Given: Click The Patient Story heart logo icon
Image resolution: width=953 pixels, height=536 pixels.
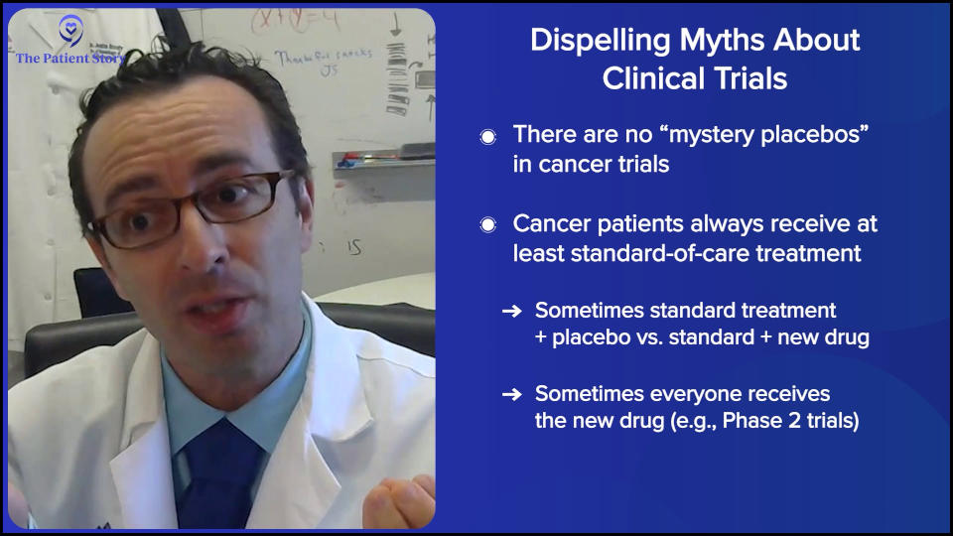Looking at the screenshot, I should pos(70,30).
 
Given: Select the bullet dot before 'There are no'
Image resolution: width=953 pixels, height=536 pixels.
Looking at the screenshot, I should pos(487,137).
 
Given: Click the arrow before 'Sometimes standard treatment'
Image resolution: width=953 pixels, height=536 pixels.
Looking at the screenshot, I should pos(511,312).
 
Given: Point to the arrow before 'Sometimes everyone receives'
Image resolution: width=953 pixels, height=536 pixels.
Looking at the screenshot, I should pos(511,394).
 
